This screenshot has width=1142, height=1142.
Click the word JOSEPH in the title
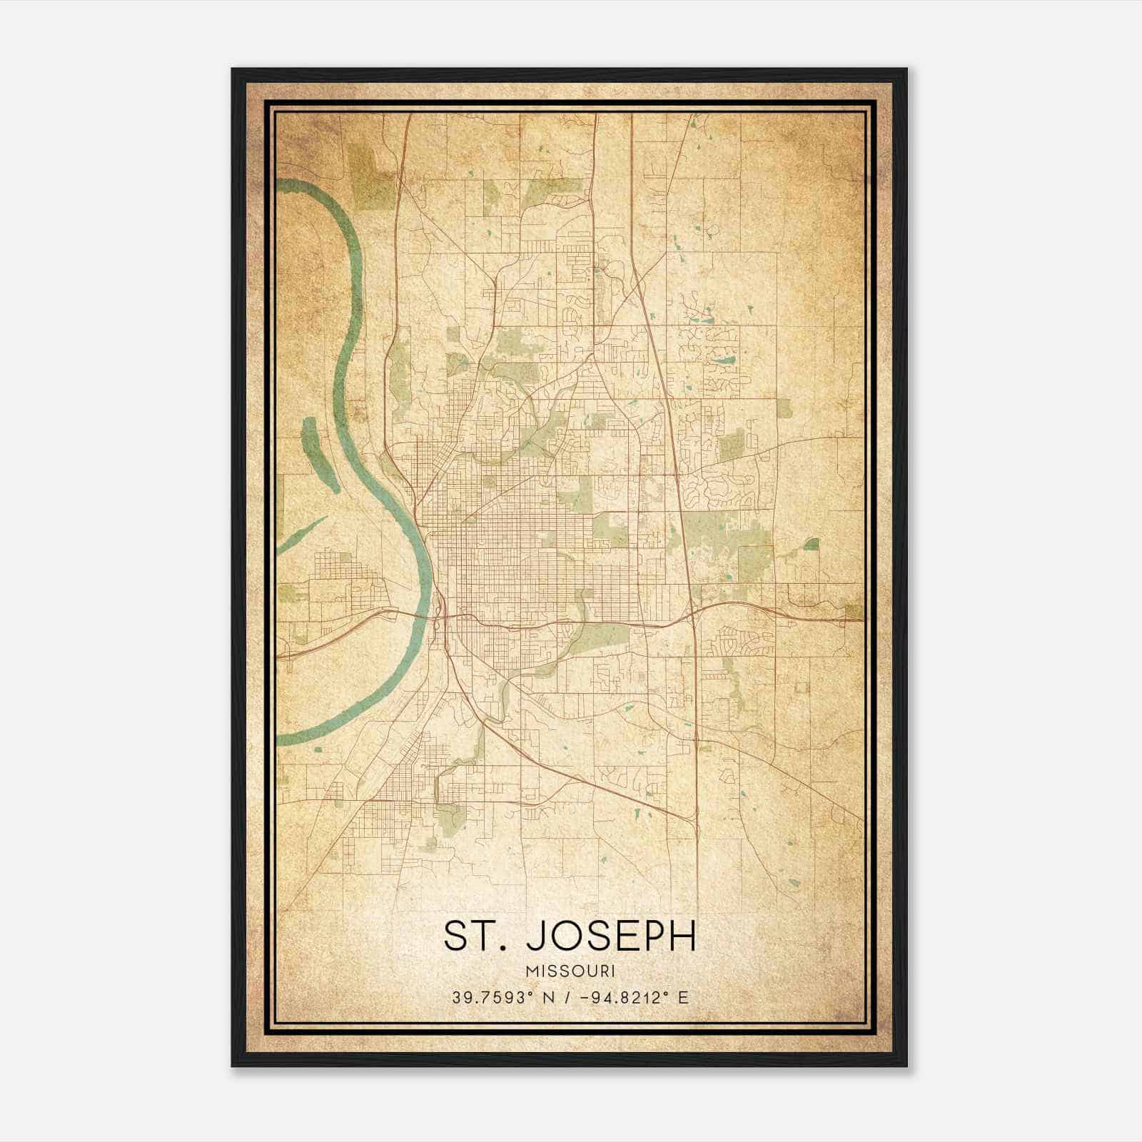point(611,936)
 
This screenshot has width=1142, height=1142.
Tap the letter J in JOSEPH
point(535,936)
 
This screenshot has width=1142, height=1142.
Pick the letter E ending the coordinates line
point(684,998)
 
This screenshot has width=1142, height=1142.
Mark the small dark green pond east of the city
point(811,545)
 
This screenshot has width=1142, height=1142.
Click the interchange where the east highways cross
point(693,611)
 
